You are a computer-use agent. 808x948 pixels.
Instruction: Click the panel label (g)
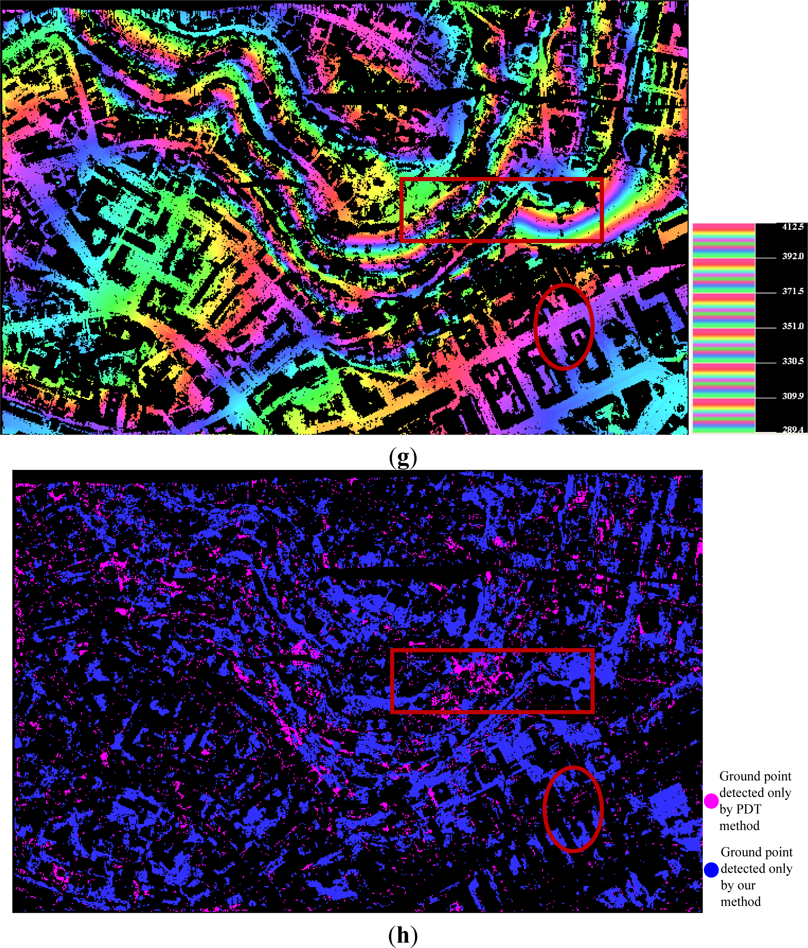(403, 457)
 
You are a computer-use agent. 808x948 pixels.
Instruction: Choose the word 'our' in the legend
(744, 885)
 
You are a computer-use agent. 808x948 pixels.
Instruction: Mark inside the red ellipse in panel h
(573, 809)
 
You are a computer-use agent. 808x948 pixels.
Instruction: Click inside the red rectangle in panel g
(501, 210)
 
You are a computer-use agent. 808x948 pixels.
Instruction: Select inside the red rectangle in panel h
(492, 680)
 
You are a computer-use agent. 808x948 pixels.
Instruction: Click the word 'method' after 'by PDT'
(739, 825)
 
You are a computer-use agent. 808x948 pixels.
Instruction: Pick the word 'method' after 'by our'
(741, 902)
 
